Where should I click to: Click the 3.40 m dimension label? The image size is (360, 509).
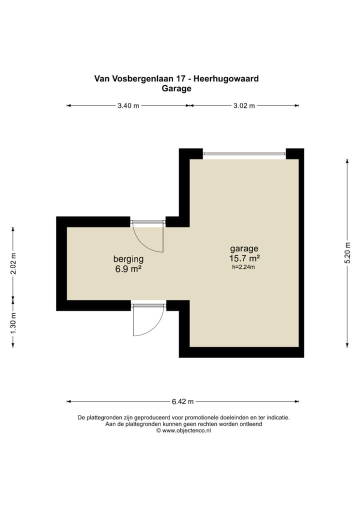tap(128, 105)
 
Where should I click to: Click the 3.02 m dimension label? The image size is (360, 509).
tap(244, 105)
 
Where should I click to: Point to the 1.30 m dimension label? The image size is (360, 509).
tap(13, 322)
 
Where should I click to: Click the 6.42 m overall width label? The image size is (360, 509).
tap(182, 401)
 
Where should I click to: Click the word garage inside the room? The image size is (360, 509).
tap(244, 248)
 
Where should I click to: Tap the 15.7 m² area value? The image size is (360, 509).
tap(244, 258)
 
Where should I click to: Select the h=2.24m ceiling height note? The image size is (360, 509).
tap(243, 267)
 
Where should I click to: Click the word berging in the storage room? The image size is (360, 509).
tap(128, 259)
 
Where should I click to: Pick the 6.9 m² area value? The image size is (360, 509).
tap(128, 269)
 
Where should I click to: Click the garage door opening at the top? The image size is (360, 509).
tap(244, 154)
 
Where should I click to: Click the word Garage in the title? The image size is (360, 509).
tap(176, 88)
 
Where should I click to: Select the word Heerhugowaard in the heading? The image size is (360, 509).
tap(228, 78)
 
